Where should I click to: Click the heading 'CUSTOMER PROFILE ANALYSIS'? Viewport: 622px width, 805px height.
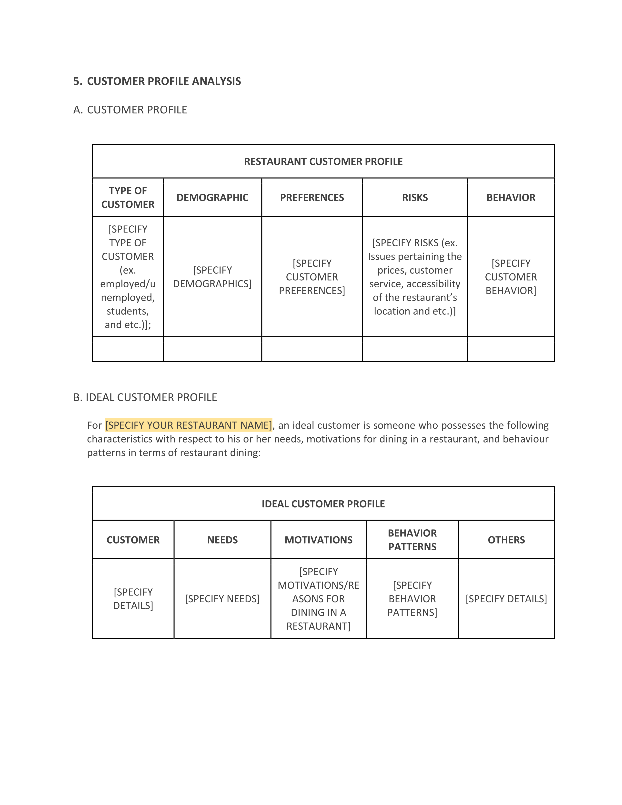pyautogui.click(x=164, y=81)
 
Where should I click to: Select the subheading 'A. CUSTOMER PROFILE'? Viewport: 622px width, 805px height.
pyautogui.click(x=130, y=110)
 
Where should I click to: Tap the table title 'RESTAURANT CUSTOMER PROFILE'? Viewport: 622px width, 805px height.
pyautogui.click(x=323, y=161)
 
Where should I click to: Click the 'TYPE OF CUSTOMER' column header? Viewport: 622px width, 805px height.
pyautogui.click(x=128, y=198)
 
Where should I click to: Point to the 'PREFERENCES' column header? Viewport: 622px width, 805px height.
pyautogui.click(x=312, y=198)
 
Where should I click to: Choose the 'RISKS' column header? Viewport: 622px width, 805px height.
pyautogui.click(x=415, y=198)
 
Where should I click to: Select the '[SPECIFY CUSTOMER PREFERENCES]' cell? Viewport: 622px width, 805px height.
pyautogui.click(x=312, y=277)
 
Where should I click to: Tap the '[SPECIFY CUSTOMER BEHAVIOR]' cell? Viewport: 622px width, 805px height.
pyautogui.click(x=511, y=277)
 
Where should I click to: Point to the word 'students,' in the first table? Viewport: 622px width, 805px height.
pyautogui.click(x=128, y=311)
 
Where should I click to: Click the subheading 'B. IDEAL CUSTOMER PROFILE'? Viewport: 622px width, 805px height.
pyautogui.click(x=145, y=397)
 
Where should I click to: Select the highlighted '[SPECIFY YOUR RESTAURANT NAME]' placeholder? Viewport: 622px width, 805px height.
pyautogui.click(x=189, y=425)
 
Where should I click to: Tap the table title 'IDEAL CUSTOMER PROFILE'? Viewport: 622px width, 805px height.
pyautogui.click(x=323, y=504)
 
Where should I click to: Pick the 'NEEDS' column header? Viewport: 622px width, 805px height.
pyautogui.click(x=222, y=540)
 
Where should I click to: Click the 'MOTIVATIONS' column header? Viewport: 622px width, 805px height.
pyautogui.click(x=318, y=540)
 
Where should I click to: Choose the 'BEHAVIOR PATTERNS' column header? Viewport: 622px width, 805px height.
pyautogui.click(x=412, y=540)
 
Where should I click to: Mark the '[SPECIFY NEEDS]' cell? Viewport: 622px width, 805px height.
pyautogui.click(x=222, y=599)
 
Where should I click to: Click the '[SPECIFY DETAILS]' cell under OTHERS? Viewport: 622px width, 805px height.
pyautogui.click(x=506, y=599)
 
